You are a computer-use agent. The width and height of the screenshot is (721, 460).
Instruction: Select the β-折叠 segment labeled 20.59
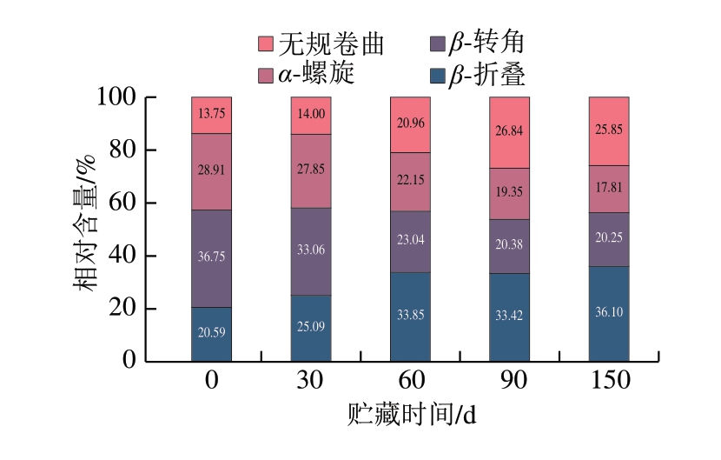tap(211, 331)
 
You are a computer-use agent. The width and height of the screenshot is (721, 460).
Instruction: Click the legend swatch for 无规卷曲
tap(267, 43)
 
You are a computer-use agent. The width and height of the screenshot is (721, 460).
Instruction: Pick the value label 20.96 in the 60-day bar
tap(410, 122)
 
